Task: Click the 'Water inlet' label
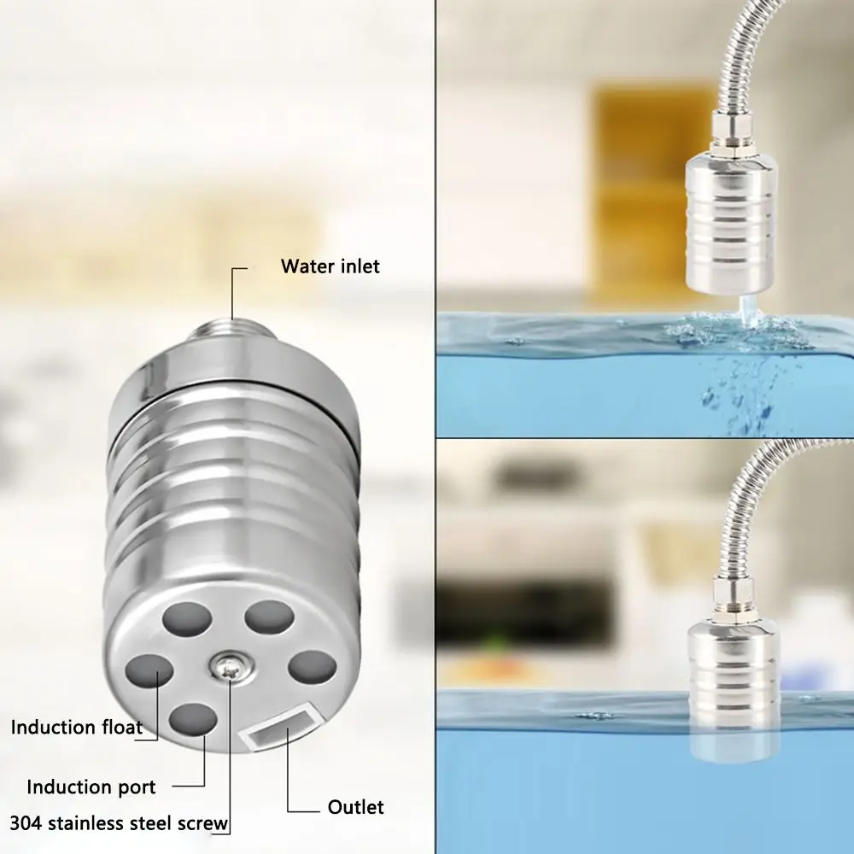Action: click(330, 266)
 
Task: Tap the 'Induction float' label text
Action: click(77, 728)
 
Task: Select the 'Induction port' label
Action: click(91, 787)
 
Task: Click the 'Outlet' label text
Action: click(355, 807)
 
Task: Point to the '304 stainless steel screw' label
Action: click(119, 823)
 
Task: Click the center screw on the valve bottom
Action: click(230, 666)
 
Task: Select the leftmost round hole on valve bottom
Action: click(149, 670)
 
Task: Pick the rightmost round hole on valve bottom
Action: click(312, 668)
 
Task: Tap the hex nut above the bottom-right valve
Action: click(734, 602)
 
